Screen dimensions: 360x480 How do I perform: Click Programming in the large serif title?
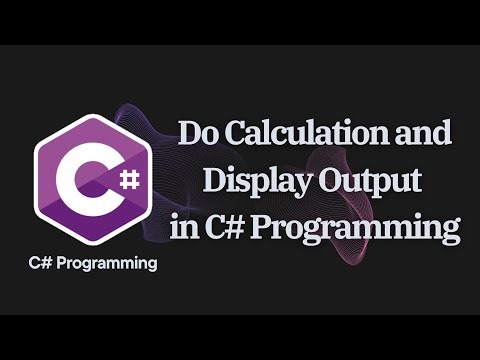[x=360, y=230]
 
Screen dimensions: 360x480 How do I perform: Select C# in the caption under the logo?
[x=41, y=265]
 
